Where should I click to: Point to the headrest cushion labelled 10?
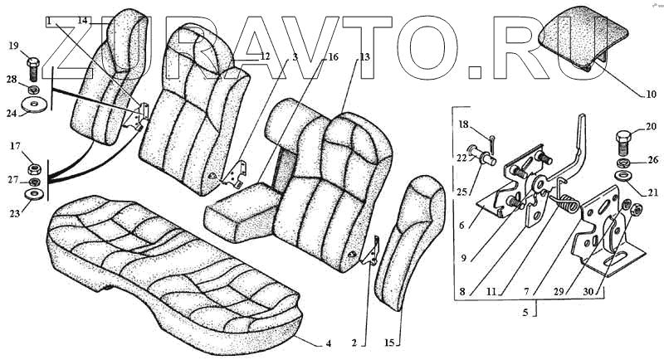581,37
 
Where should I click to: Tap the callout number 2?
354,342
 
